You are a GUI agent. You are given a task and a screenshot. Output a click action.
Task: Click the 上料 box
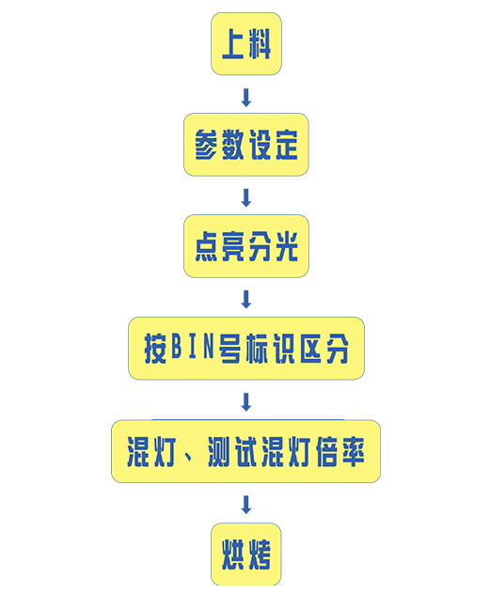pyautogui.click(x=246, y=43)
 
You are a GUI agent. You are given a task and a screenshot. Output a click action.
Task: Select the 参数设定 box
pyautogui.click(x=246, y=145)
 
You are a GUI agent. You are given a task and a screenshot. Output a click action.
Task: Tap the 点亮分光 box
pyautogui.click(x=246, y=246)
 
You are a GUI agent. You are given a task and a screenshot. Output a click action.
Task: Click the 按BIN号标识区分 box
pyautogui.click(x=246, y=348)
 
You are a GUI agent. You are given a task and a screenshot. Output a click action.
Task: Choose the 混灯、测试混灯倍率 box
pyautogui.click(x=246, y=451)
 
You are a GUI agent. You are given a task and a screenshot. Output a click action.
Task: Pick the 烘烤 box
pyautogui.click(x=246, y=554)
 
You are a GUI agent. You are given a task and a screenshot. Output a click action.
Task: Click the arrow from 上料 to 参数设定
pyautogui.click(x=246, y=98)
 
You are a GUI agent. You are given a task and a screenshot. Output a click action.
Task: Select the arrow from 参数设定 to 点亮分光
pyautogui.click(x=246, y=197)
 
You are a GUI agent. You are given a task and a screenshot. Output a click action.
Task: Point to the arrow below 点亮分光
pyautogui.click(x=246, y=300)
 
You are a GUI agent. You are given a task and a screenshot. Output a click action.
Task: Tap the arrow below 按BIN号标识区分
pyautogui.click(x=246, y=402)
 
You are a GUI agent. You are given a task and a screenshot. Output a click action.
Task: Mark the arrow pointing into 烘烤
pyautogui.click(x=246, y=505)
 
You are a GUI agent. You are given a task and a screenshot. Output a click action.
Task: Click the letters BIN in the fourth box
pyautogui.click(x=193, y=346)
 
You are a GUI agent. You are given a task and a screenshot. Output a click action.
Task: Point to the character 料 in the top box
pyautogui.click(x=260, y=44)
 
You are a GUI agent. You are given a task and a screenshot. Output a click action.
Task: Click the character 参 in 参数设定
pyautogui.click(x=206, y=145)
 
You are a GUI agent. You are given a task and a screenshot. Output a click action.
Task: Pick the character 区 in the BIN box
pyautogui.click(x=310, y=349)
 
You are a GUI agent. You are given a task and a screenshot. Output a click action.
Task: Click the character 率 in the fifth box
pyautogui.click(x=354, y=451)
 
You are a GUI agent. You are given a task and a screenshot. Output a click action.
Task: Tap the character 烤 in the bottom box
pyautogui.click(x=260, y=554)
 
